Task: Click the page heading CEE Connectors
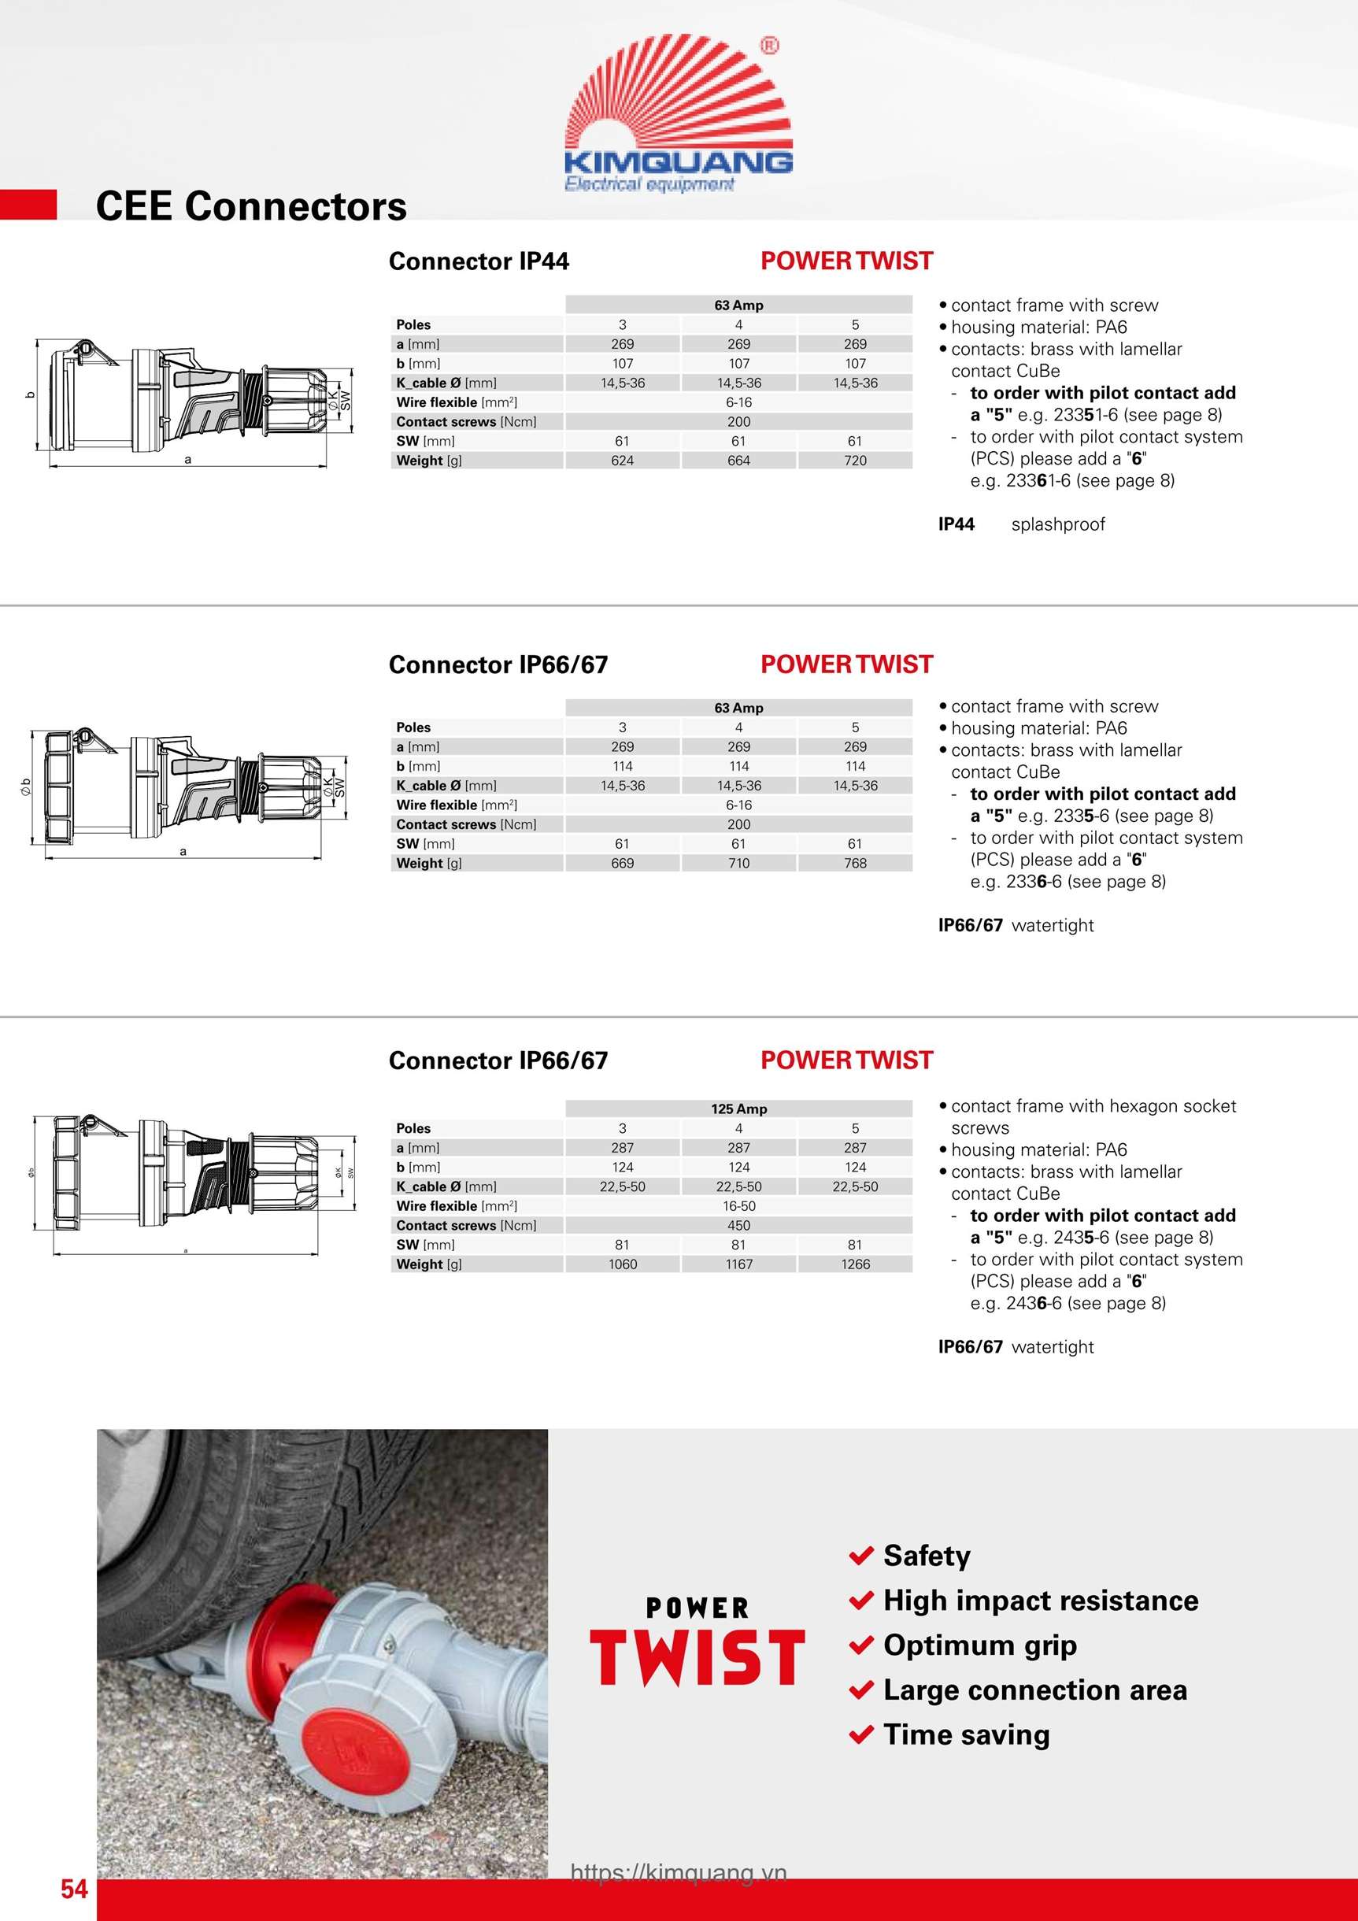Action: [x=251, y=206]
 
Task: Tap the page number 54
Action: [x=74, y=1889]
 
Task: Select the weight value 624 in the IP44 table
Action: [x=622, y=460]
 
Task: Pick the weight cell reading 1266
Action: [x=855, y=1264]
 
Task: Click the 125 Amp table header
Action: [x=738, y=1109]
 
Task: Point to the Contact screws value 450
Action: [x=738, y=1225]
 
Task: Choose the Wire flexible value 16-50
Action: [x=738, y=1205]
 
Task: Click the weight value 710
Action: [x=738, y=863]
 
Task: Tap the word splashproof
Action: [x=1057, y=524]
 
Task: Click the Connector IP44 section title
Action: [x=479, y=261]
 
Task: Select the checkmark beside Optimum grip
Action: [x=861, y=1645]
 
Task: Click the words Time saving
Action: [x=967, y=1734]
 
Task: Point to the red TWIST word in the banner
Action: [x=697, y=1657]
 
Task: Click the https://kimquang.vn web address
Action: [x=679, y=1872]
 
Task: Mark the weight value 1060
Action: [x=622, y=1264]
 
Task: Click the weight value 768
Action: [x=855, y=863]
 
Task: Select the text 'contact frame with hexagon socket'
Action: [x=1093, y=1106]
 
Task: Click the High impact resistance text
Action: [x=1041, y=1601]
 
